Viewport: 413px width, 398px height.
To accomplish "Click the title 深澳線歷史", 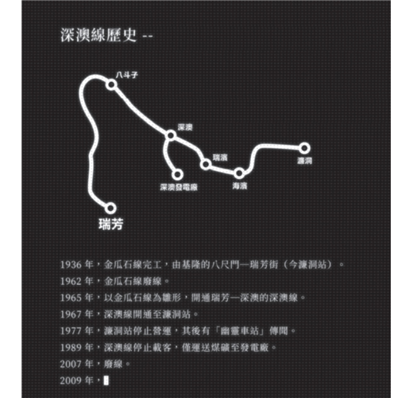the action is click(98, 35).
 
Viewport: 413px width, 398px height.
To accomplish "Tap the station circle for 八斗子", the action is click(111, 84).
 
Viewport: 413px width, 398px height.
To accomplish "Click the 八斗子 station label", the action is click(127, 75).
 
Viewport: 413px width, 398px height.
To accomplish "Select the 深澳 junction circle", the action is click(171, 135).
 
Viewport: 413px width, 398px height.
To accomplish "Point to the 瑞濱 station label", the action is click(220, 158).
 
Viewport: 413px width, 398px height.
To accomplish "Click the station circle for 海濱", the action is click(239, 174).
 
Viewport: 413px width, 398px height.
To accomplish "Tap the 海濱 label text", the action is click(240, 185).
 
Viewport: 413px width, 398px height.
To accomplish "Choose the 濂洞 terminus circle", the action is click(304, 148).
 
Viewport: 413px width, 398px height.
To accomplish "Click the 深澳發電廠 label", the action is click(179, 187).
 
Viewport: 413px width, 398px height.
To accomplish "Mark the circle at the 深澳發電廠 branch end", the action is click(177, 174).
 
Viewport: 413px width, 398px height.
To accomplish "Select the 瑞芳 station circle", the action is click(110, 209).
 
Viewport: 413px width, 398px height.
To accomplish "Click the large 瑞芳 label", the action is click(111, 224).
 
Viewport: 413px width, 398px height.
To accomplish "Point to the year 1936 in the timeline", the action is click(70, 265).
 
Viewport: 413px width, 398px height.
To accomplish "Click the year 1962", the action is click(70, 281).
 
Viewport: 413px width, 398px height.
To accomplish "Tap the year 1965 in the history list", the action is click(70, 298).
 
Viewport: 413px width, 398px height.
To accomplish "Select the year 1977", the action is click(70, 331).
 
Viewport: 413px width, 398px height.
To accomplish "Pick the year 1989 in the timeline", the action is click(70, 347).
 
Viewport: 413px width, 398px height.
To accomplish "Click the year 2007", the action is click(70, 364).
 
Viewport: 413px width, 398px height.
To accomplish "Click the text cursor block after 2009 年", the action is click(106, 380).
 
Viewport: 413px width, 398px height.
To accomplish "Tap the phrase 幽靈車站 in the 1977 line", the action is click(239, 331).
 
